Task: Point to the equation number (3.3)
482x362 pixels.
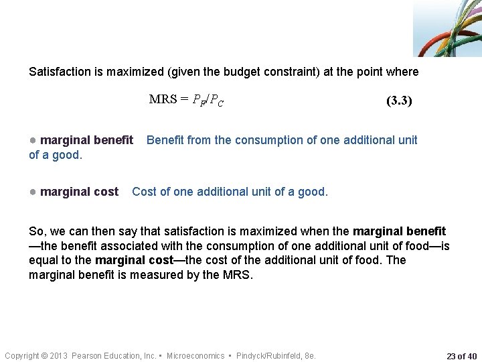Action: pyautogui.click(x=399, y=101)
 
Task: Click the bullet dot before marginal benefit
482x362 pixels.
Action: pyautogui.click(x=33, y=140)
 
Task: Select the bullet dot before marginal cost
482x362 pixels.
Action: pyautogui.click(x=33, y=192)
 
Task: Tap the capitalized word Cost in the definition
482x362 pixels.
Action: pyautogui.click(x=145, y=192)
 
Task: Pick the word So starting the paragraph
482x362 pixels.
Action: pyautogui.click(x=36, y=231)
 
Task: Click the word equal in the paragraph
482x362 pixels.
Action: pyautogui.click(x=44, y=260)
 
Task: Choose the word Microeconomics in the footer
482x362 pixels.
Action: pyautogui.click(x=195, y=355)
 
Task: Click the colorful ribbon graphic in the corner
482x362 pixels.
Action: pyautogui.click(x=448, y=28)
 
